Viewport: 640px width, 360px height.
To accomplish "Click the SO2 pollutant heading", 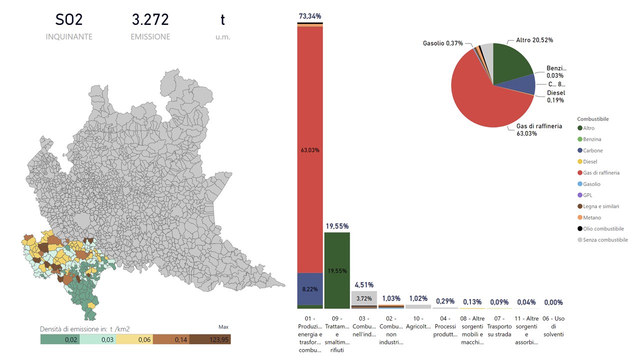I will pyautogui.click(x=69, y=20).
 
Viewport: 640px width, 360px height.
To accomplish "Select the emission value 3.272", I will pyautogui.click(x=150, y=20).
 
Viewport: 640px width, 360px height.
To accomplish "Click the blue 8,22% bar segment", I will pyautogui.click(x=310, y=289).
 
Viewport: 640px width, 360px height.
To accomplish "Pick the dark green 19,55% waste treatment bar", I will pyautogui.click(x=337, y=270).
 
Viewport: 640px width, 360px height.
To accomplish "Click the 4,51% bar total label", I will pyautogui.click(x=364, y=285).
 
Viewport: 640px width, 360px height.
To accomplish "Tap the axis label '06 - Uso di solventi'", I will pyautogui.click(x=553, y=326).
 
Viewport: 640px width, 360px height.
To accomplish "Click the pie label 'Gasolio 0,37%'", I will pyautogui.click(x=443, y=43).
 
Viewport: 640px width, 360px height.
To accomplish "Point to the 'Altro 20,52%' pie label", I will pyautogui.click(x=534, y=40).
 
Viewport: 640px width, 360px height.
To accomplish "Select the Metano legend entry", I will pyautogui.click(x=592, y=217).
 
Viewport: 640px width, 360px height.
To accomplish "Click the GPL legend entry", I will pyautogui.click(x=588, y=195).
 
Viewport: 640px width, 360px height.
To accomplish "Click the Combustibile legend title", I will pyautogui.click(x=592, y=119).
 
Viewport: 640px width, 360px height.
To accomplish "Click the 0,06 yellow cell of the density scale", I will pyautogui.click(x=134, y=339).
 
